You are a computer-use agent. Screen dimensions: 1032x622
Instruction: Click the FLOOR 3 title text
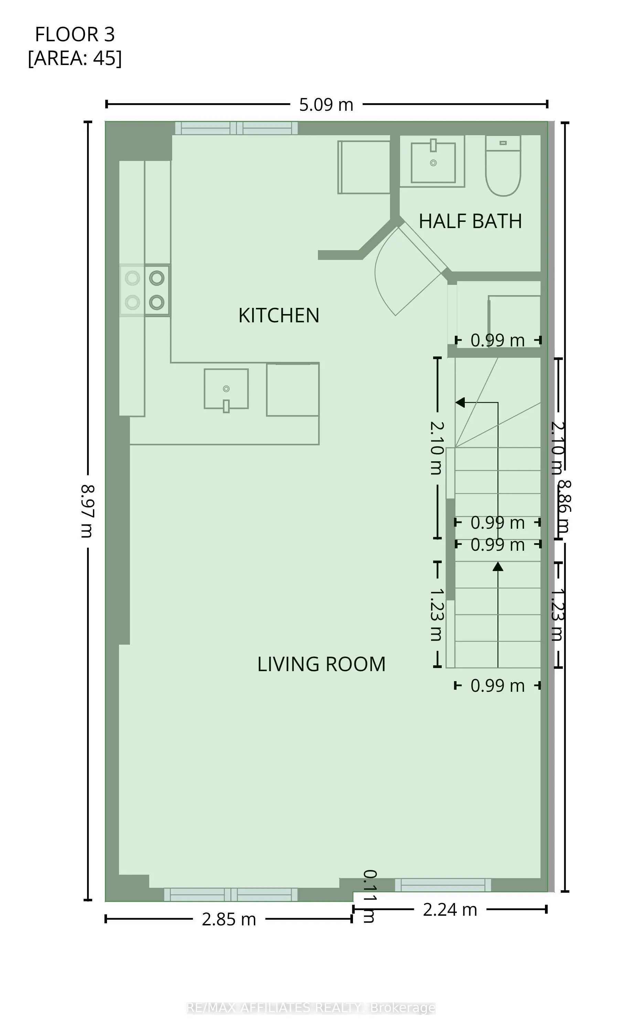(75, 34)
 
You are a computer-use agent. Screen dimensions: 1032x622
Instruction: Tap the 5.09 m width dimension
(326, 105)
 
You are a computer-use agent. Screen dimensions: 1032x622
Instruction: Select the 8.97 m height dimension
(87, 510)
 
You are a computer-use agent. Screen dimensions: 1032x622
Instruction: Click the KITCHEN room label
(279, 315)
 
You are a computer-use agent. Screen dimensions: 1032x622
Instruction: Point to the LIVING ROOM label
(321, 664)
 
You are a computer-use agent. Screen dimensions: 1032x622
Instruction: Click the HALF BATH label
(470, 221)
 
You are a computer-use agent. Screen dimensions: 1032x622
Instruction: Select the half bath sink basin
(433, 162)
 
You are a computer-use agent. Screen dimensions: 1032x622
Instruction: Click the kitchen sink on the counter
(226, 389)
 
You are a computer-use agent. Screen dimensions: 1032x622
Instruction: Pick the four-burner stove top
(144, 290)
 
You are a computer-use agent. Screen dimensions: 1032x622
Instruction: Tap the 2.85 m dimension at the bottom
(228, 919)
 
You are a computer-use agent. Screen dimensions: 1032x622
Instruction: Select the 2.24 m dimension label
(450, 910)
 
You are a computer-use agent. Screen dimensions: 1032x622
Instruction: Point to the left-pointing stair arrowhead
(460, 402)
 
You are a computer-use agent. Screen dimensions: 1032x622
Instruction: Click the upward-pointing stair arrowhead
(497, 567)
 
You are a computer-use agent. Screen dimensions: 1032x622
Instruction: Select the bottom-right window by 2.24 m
(443, 885)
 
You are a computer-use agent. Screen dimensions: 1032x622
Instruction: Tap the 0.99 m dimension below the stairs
(497, 686)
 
